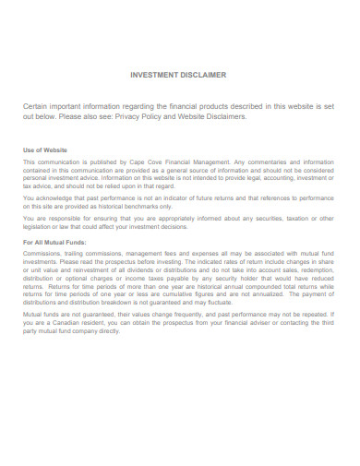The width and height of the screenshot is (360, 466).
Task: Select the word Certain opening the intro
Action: click(40, 107)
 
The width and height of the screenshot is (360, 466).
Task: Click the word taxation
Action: click(302, 219)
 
